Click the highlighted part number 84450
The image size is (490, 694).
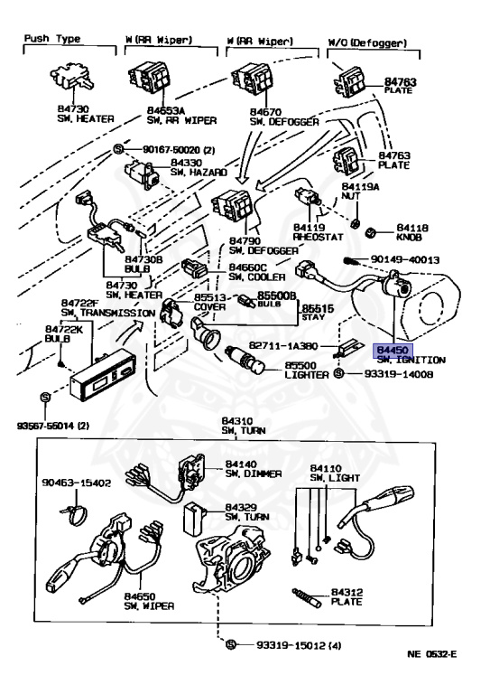pyautogui.click(x=392, y=349)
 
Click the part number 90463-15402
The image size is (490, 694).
pyautogui.click(x=76, y=483)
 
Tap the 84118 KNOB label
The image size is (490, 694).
pyautogui.click(x=405, y=235)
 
